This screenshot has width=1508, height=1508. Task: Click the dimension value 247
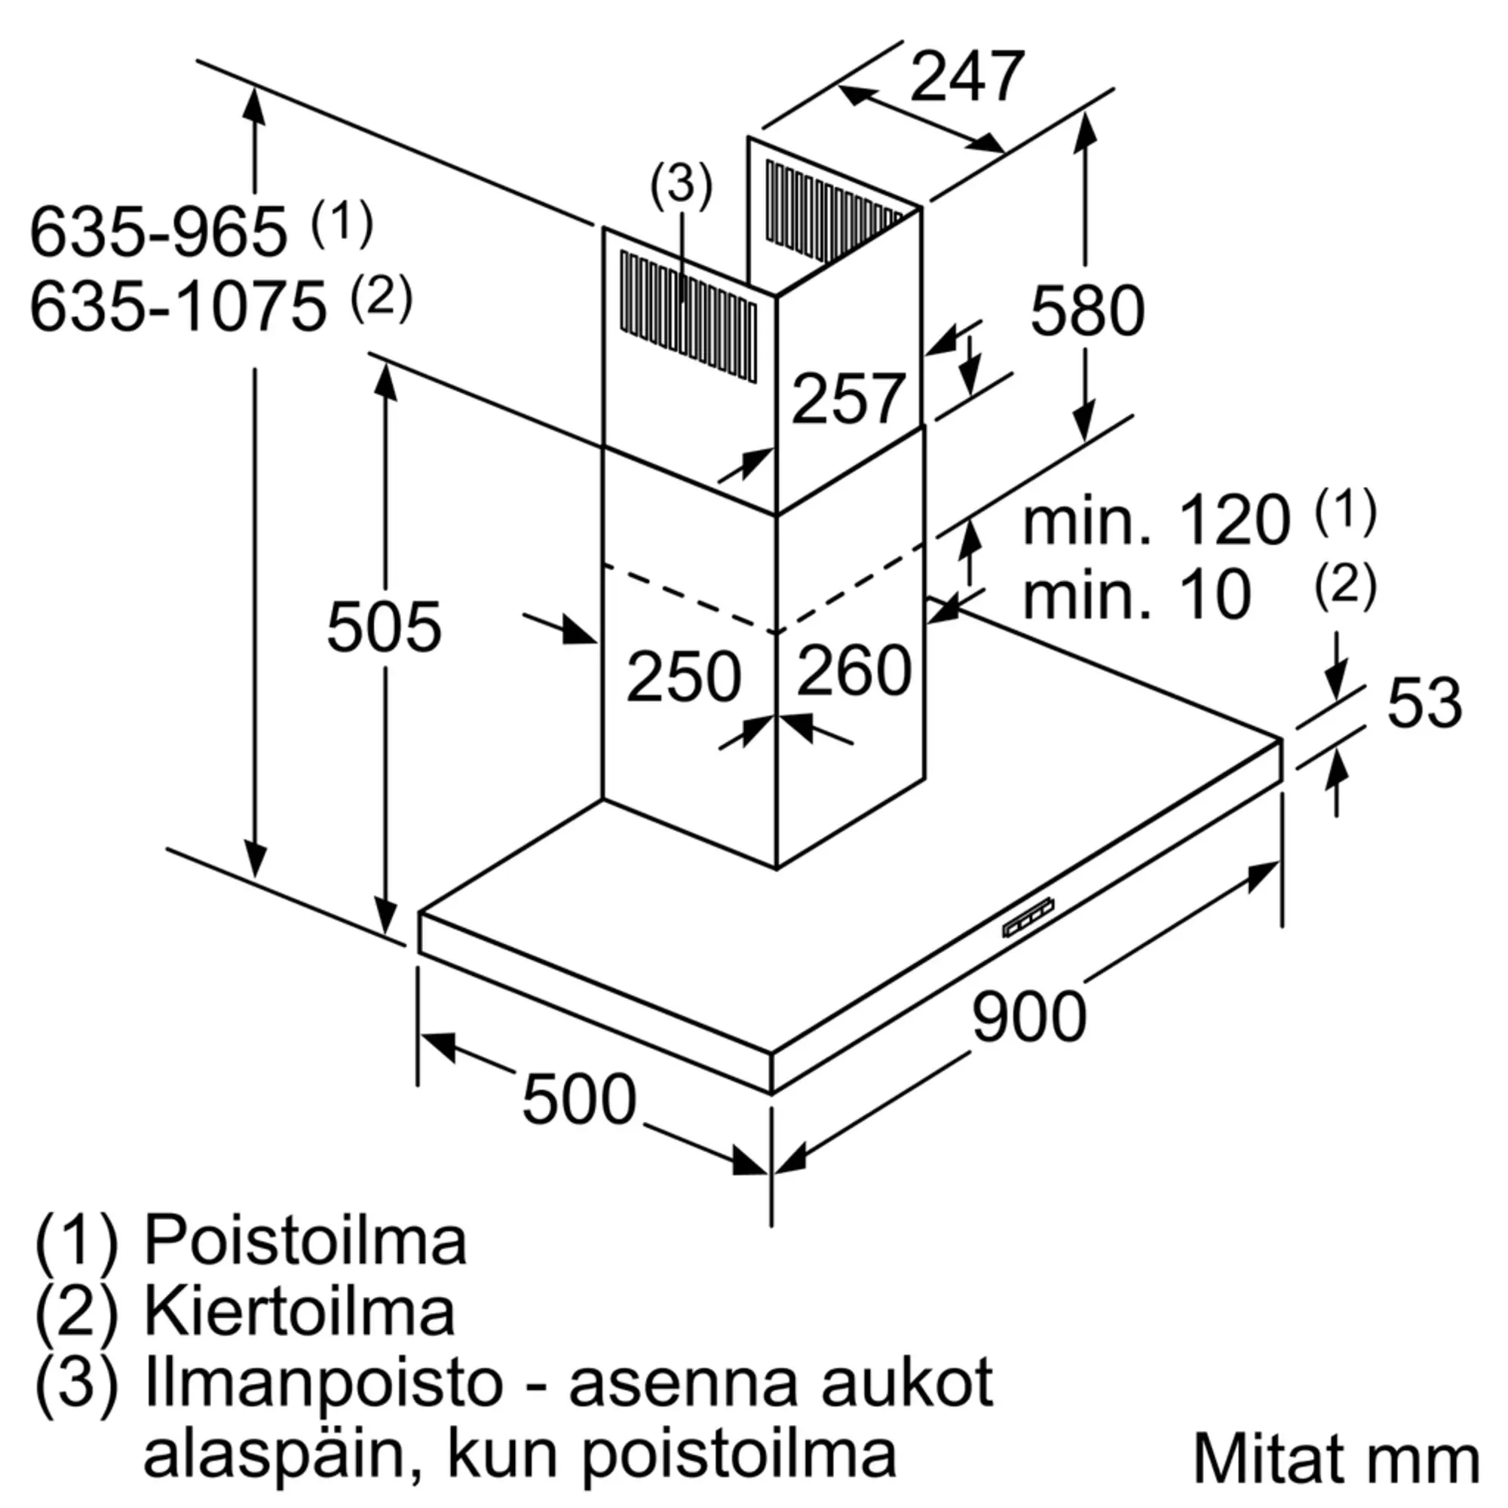point(967,76)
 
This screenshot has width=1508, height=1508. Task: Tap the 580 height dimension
point(1087,311)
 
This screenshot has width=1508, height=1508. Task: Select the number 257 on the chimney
point(848,399)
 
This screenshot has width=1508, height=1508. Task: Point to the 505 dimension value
point(384,626)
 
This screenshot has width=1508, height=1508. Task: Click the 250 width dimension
point(684,676)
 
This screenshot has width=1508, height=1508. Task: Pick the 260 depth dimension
point(854,670)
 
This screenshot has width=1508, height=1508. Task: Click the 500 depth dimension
point(579,1099)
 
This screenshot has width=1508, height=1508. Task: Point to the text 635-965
point(158,231)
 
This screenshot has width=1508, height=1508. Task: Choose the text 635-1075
point(178,307)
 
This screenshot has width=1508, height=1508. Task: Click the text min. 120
point(1157,522)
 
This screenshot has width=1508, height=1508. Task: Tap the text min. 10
point(1137,595)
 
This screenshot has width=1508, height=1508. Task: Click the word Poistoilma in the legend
point(305,1240)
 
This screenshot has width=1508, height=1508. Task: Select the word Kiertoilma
point(299,1312)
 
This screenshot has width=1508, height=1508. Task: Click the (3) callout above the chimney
point(682,185)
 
